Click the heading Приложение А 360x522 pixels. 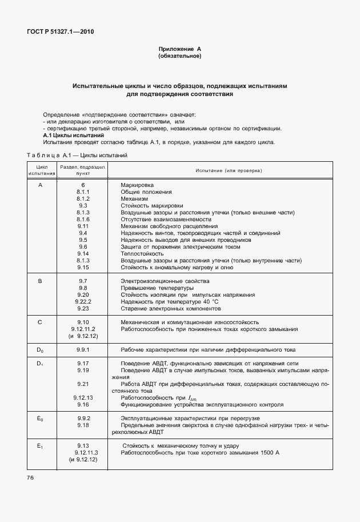pos(179,50)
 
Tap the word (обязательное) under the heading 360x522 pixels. pos(179,57)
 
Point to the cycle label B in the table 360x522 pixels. pos(40,281)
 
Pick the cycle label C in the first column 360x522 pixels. pos(40,322)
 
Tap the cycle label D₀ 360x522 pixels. pos(40,349)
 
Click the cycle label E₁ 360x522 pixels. pos(40,445)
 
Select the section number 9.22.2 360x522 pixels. pos(83,301)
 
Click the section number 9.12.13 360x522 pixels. pos(83,397)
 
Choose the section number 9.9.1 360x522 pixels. pos(83,349)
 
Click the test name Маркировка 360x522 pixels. pos(137,186)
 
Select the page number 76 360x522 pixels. pos(30,477)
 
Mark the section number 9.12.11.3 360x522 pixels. pos(83,452)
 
